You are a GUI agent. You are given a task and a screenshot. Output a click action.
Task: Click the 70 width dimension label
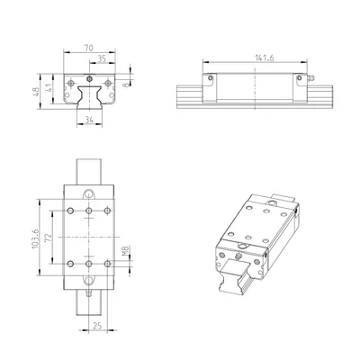89,48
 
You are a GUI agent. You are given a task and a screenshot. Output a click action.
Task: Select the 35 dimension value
102,59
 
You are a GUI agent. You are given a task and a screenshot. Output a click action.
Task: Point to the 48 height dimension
35,92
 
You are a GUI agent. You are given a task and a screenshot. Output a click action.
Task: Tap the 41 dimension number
49,88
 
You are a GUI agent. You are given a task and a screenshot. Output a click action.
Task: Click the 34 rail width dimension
89,120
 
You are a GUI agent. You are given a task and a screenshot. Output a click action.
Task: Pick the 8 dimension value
126,85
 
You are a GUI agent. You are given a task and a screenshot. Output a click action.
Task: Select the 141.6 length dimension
265,58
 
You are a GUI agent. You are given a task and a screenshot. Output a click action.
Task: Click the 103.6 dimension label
35,238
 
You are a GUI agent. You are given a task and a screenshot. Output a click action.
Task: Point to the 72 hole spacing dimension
49,238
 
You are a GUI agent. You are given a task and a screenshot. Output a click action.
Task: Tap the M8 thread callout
126,251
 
